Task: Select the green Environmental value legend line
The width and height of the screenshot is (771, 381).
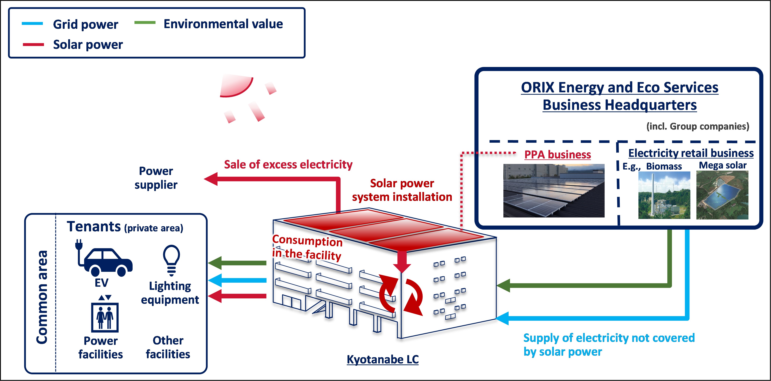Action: [145, 23]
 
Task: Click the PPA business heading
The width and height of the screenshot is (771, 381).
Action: [558, 155]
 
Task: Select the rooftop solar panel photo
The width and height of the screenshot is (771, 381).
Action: [554, 190]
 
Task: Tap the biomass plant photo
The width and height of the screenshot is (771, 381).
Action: [664, 195]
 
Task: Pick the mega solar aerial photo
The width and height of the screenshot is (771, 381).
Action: [722, 195]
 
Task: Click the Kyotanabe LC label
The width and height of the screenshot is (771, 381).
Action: [383, 359]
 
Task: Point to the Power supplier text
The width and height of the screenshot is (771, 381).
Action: [156, 178]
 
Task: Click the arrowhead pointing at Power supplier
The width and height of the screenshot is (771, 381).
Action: [211, 179]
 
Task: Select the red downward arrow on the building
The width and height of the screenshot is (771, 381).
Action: [402, 262]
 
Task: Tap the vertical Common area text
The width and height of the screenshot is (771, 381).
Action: [42, 297]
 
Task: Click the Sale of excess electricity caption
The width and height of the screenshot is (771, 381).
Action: [288, 164]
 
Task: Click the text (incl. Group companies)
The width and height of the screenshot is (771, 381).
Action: [698, 126]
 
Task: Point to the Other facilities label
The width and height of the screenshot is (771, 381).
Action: [168, 347]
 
